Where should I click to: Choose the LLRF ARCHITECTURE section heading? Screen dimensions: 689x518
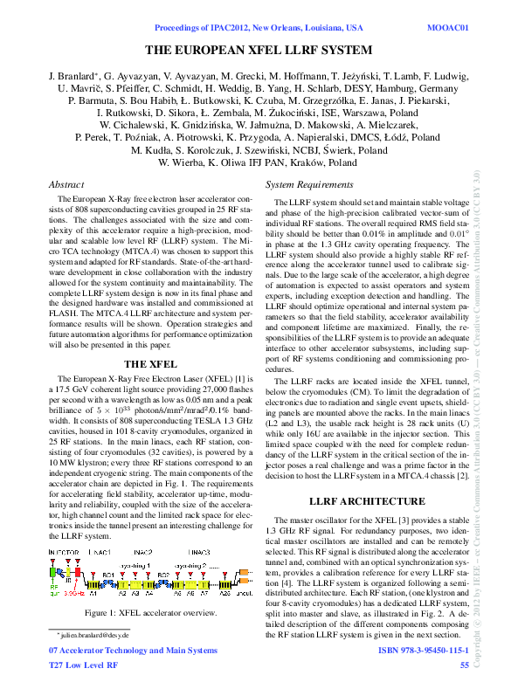tap(366, 501)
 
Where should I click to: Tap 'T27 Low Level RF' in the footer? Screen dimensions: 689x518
tap(83, 665)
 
